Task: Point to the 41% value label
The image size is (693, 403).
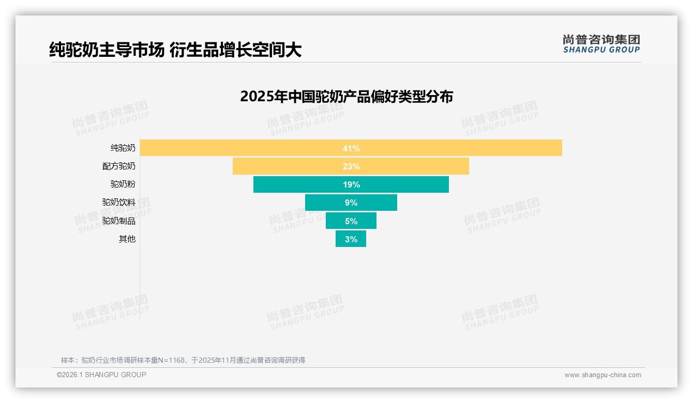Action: (351, 148)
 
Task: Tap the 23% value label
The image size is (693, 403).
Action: (351, 166)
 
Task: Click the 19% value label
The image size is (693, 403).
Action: (351, 184)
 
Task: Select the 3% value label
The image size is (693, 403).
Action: (351, 239)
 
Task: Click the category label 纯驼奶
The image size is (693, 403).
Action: (123, 148)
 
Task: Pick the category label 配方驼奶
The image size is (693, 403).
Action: (119, 166)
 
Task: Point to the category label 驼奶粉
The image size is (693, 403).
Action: (123, 184)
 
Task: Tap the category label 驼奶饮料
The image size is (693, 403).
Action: (119, 203)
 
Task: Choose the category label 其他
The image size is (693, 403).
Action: (127, 239)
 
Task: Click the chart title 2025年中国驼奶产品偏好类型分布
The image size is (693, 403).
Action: (346, 97)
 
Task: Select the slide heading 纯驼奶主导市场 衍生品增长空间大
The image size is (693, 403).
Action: (175, 50)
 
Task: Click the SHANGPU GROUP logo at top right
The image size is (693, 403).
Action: (601, 44)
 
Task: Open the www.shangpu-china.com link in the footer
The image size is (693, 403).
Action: (602, 375)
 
